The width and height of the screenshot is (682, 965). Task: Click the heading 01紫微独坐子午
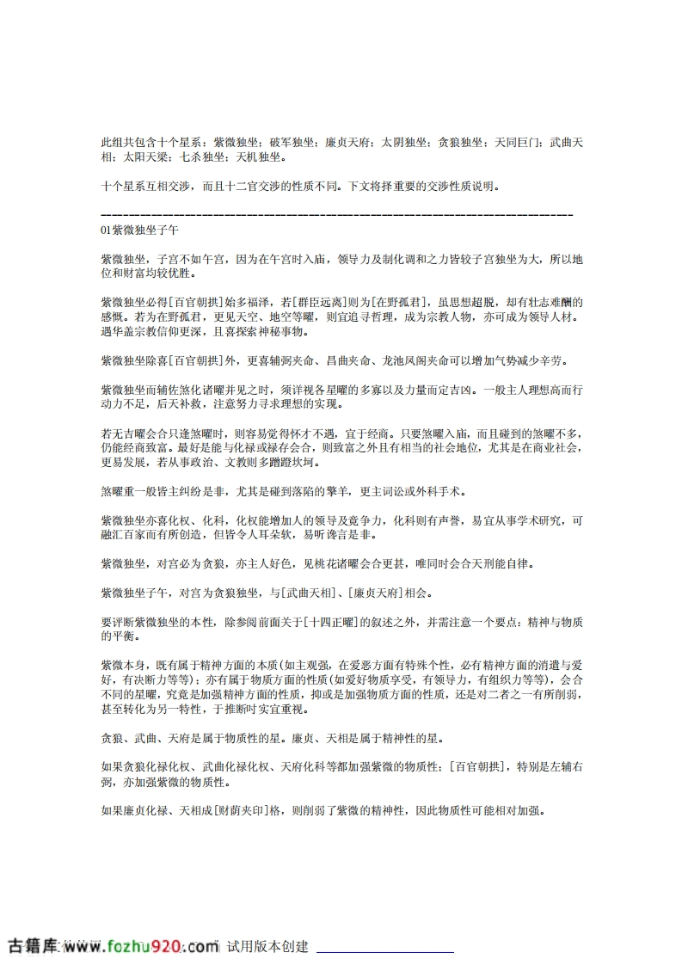coord(140,230)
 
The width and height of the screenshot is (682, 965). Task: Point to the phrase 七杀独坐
coord(201,157)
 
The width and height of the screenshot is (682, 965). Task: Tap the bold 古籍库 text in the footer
coord(33,947)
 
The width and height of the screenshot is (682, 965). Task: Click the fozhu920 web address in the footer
coord(138,947)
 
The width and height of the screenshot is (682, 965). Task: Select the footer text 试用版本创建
coord(267,947)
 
